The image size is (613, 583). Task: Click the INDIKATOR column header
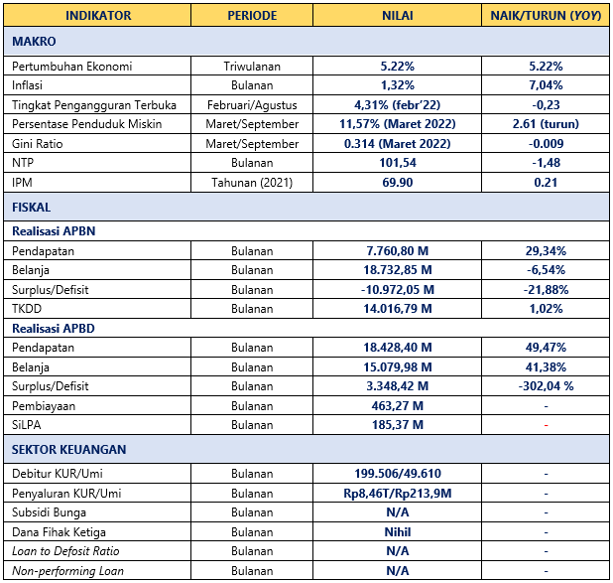coord(98,16)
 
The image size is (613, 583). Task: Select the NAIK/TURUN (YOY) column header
coord(546,16)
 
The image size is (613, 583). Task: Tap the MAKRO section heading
coord(34,41)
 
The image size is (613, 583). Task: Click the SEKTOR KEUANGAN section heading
coord(68,450)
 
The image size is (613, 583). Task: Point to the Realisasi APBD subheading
coord(54,328)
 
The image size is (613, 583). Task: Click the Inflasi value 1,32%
coord(397,85)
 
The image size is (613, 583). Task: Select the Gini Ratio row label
coord(37,144)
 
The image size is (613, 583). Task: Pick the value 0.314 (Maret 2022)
coord(397,144)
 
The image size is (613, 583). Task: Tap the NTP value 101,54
coord(398,163)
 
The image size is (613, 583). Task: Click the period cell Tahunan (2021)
coord(252,183)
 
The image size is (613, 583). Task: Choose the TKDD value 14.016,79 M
coord(398,309)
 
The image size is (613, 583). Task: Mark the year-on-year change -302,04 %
coord(546,386)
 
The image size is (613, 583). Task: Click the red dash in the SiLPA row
coord(546,425)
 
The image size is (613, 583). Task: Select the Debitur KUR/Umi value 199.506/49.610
coord(398,474)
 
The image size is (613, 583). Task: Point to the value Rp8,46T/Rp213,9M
coord(398,494)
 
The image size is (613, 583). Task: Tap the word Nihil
coord(398,532)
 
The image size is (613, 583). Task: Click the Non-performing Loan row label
coord(67,571)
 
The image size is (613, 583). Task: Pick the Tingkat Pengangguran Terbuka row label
coord(94,105)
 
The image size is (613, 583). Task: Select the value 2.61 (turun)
coord(546,124)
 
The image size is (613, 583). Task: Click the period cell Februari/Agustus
coord(252,105)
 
